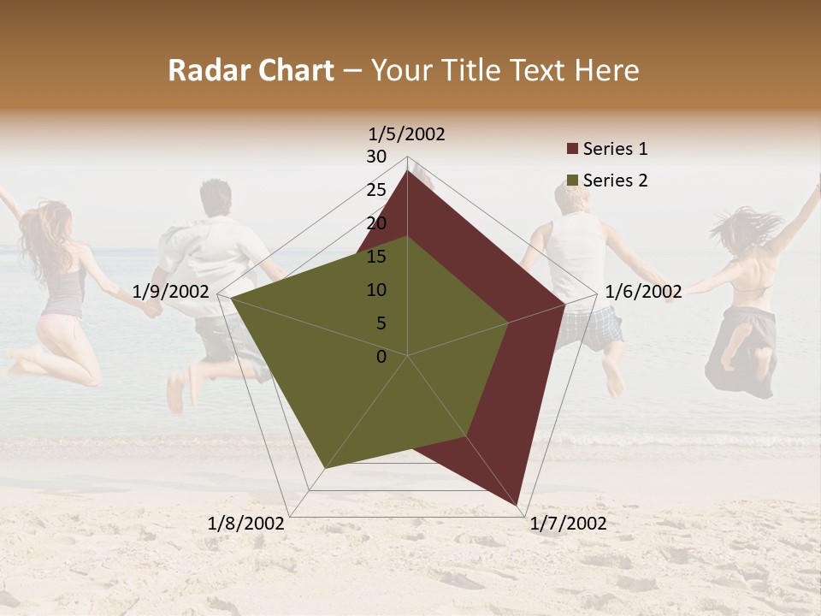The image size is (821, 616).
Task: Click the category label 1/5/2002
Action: click(x=407, y=133)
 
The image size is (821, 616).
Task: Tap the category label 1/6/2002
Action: click(x=643, y=292)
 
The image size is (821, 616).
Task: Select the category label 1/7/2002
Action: click(x=568, y=524)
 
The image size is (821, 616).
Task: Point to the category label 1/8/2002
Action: click(x=246, y=524)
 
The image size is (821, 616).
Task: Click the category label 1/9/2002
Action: click(x=171, y=292)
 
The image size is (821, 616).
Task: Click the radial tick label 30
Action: click(x=376, y=157)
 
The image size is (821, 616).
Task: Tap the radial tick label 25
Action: click(x=376, y=190)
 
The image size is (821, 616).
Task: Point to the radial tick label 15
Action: click(x=376, y=257)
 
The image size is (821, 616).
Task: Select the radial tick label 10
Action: click(x=376, y=290)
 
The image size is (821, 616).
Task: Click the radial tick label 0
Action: click(x=381, y=357)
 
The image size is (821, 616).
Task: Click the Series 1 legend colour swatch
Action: click(x=572, y=150)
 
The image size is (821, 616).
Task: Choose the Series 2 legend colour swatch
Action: click(x=572, y=181)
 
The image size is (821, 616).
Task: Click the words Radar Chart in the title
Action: click(x=251, y=70)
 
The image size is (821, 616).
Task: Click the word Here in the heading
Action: click(x=607, y=70)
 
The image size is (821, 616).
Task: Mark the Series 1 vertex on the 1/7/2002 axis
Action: click(x=518, y=504)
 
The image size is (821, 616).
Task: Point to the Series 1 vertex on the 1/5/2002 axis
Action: click(x=407, y=170)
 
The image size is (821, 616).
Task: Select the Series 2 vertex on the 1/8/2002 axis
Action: click(x=324, y=469)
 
